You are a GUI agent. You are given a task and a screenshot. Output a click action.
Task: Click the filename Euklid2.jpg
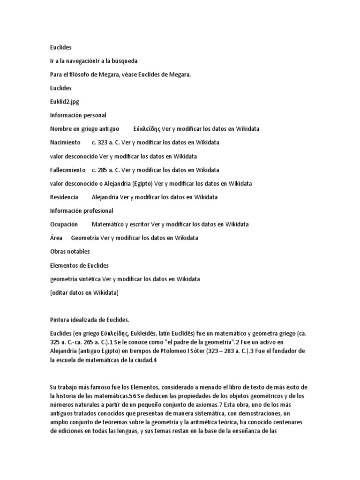click(65, 101)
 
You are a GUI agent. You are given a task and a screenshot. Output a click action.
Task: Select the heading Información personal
click(78, 115)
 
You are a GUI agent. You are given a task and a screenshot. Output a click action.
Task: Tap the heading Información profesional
click(81, 210)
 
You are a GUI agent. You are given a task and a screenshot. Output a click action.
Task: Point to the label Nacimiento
click(66, 142)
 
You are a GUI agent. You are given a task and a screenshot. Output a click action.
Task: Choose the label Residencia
click(64, 197)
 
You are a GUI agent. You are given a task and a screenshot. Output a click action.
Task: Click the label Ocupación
click(64, 225)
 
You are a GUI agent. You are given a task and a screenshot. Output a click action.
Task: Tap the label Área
click(56, 238)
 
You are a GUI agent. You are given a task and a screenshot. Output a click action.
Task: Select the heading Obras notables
click(70, 252)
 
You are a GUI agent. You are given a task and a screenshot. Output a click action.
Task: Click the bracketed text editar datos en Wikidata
click(84, 293)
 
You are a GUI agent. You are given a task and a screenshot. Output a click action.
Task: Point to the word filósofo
click(80, 74)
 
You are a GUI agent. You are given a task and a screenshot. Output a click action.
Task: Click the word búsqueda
click(124, 61)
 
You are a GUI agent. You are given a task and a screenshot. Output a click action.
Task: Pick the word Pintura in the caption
click(60, 320)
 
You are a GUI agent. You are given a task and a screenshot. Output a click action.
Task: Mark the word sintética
click(89, 279)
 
